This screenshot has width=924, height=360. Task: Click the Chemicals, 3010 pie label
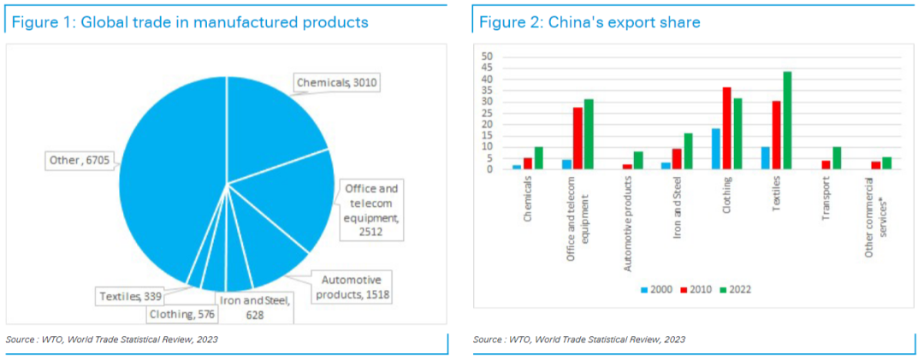(336, 83)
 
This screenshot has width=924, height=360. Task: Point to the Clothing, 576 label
(183, 314)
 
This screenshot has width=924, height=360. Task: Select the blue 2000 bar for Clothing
(715, 149)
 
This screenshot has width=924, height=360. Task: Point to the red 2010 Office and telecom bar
(577, 138)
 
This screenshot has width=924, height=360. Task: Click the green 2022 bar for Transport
(837, 158)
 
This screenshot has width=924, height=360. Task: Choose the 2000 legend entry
(654, 290)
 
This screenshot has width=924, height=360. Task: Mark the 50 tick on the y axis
(489, 57)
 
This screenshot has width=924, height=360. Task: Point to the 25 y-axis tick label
(489, 113)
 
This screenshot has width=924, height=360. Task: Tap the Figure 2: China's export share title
(589, 22)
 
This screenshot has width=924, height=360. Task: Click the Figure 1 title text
(190, 22)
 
